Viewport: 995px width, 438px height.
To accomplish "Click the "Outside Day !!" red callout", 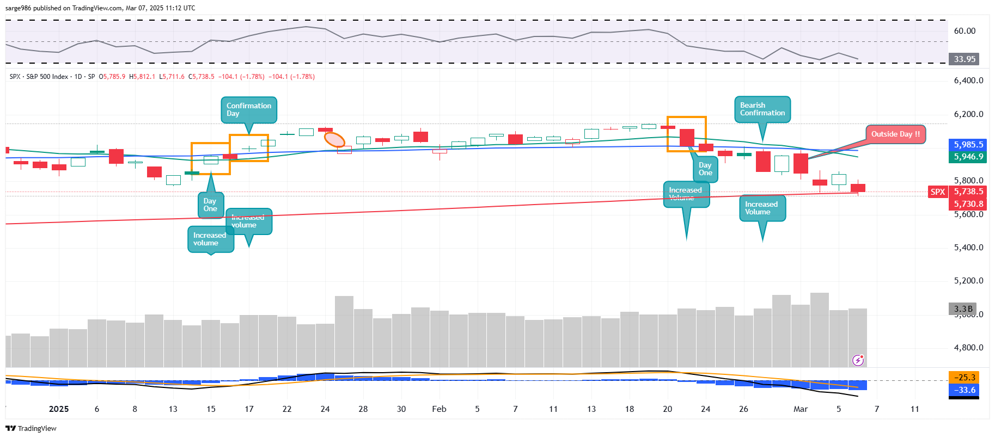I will tap(895, 134).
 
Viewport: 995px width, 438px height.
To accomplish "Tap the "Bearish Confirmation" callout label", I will tap(762, 109).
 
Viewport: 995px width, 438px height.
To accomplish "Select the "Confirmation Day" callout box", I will tap(248, 110).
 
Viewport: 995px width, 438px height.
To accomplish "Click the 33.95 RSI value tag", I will tap(964, 59).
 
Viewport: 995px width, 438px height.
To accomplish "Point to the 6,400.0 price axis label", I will tap(968, 81).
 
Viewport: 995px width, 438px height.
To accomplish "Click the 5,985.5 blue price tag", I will tap(968, 145).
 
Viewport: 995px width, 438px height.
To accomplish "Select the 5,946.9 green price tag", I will tap(968, 157).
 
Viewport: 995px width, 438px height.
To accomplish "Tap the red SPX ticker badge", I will tap(938, 192).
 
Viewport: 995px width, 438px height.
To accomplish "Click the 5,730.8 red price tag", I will tap(968, 204).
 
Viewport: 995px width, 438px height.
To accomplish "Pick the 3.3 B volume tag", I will tap(963, 309).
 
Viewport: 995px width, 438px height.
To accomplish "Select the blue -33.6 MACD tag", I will tap(964, 390).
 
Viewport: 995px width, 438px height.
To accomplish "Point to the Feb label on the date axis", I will tap(439, 409).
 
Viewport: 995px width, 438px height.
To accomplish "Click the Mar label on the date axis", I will tap(800, 409).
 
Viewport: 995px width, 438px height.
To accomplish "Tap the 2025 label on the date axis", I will tap(59, 409).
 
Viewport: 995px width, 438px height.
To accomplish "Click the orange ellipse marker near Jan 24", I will tap(334, 140).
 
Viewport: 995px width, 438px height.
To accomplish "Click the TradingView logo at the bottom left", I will tap(31, 429).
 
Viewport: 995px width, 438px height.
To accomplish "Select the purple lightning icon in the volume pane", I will tap(858, 360).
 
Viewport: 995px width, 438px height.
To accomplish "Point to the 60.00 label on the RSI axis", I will tap(965, 31).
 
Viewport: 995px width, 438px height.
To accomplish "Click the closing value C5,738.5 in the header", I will tap(202, 77).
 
